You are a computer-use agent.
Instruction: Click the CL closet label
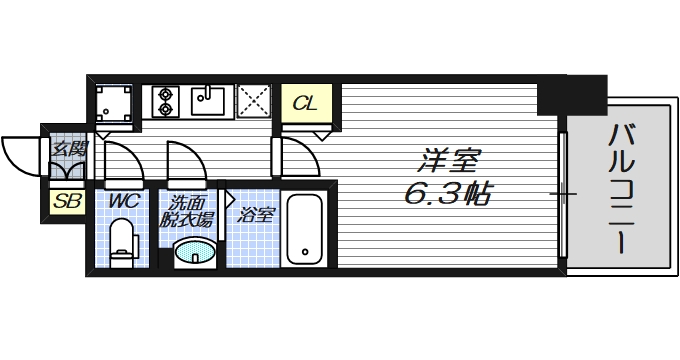[307, 102]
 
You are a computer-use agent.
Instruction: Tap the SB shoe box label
[68, 200]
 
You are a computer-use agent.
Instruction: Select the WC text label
[123, 200]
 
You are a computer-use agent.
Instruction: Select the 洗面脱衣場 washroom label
[190, 210]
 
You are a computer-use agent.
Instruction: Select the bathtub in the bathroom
[305, 231]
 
